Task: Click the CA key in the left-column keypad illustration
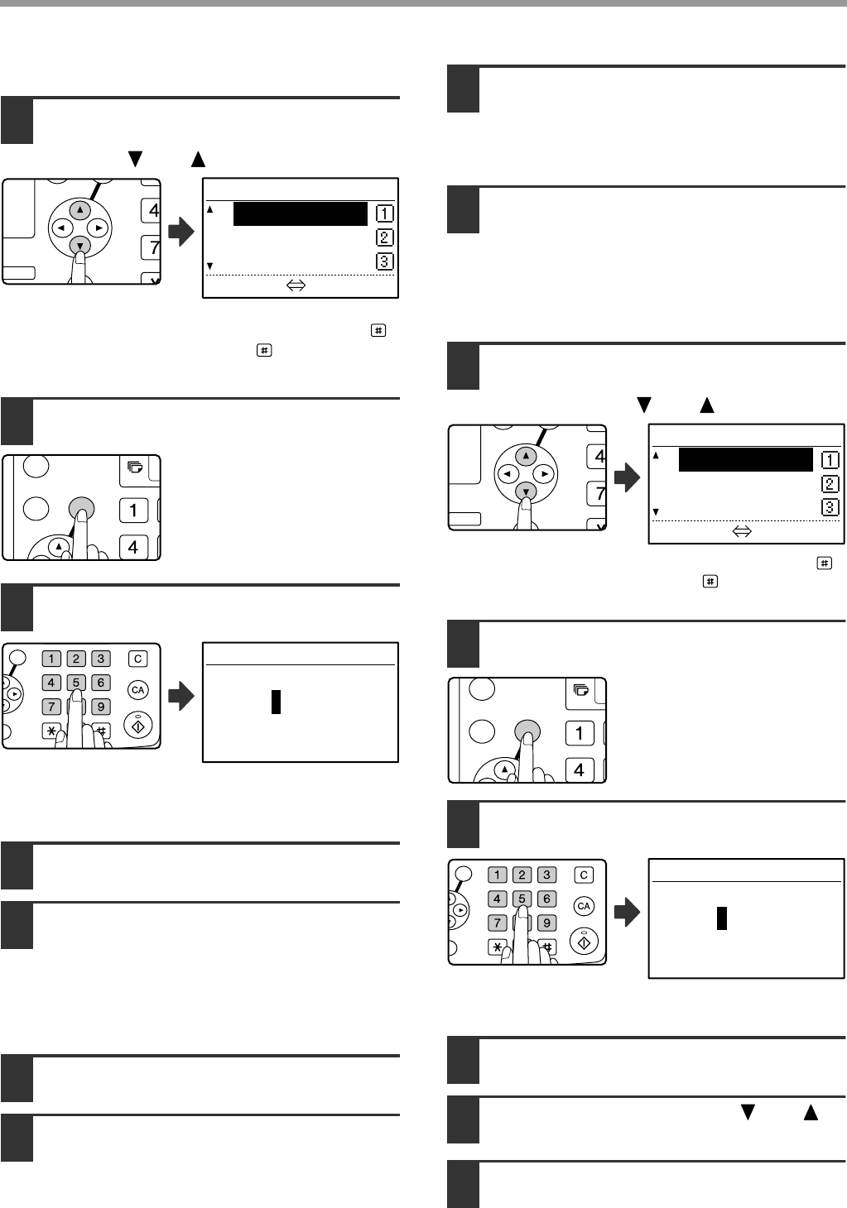pos(138,690)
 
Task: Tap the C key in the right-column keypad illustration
pos(584,875)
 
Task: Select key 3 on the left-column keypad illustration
pos(101,659)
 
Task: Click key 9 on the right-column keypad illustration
pos(546,923)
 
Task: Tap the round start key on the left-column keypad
pos(138,726)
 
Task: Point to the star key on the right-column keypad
pos(498,947)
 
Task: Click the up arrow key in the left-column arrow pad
pos(79,209)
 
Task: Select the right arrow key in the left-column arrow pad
pos(99,228)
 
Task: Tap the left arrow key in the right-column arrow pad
pos(507,474)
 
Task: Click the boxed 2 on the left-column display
pos(385,237)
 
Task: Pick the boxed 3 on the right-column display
pos(830,507)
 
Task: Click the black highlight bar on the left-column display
pos(301,213)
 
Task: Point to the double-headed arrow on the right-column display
pos(742,532)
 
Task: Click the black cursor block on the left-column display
pos(276,702)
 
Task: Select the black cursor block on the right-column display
pos(722,918)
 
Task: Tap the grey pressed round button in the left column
pos(81,509)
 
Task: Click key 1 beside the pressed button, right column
pos(580,733)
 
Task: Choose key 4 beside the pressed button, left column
pos(134,548)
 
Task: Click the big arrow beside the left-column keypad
pos(181,696)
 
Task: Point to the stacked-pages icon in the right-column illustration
pos(581,690)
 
